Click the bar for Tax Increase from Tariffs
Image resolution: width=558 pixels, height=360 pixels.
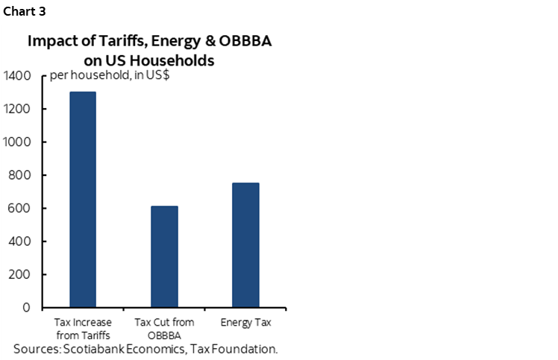coord(82,200)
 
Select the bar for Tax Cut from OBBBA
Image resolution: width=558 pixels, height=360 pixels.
coord(164,256)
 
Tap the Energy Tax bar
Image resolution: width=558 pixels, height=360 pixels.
coord(245,245)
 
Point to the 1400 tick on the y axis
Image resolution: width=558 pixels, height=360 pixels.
coord(17,75)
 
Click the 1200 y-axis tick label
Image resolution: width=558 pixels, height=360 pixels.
coord(17,109)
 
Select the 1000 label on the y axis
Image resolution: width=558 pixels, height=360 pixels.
coord(17,142)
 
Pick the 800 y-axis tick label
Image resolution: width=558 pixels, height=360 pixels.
coord(20,175)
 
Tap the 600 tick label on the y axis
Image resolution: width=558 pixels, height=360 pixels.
coord(20,208)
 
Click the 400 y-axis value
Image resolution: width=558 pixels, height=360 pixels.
coord(20,241)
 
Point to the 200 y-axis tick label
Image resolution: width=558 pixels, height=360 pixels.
coord(20,274)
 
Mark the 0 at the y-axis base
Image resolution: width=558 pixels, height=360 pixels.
coord(26,307)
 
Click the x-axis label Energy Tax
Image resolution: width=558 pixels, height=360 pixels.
coord(245,323)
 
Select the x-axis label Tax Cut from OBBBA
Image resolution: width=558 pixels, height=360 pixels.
coord(164,328)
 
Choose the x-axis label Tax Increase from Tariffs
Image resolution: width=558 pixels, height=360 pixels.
coord(83,328)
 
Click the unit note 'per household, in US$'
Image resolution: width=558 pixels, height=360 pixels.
coord(108,78)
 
